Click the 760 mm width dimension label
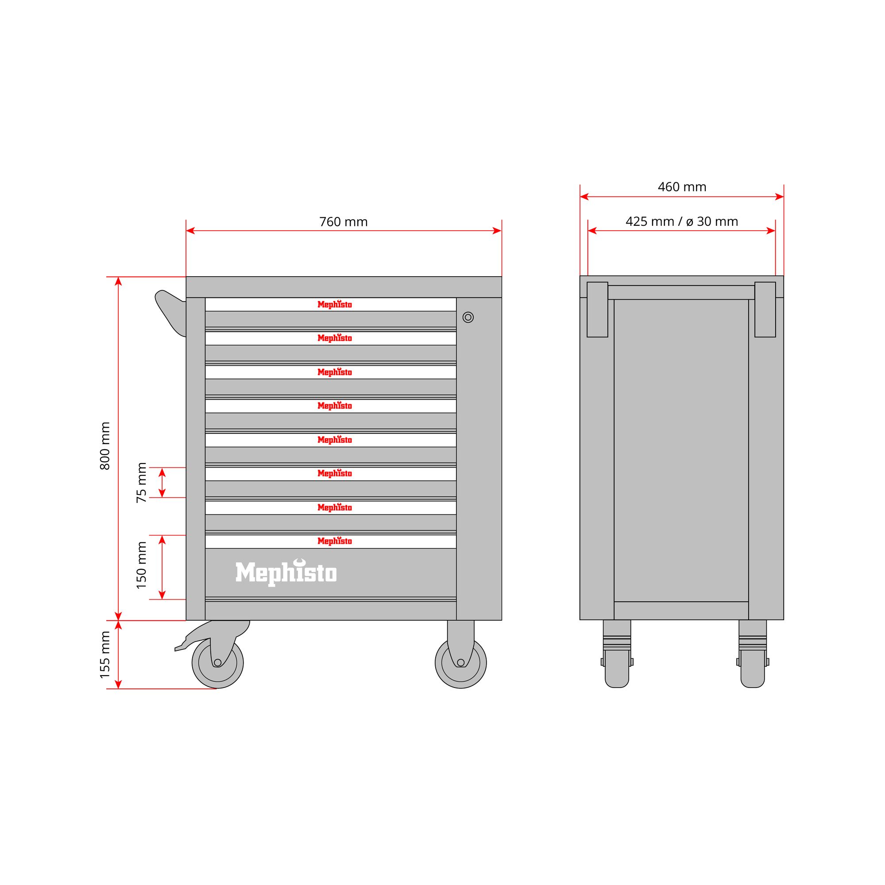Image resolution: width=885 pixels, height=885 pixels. coord(343,222)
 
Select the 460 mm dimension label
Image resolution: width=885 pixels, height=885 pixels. coord(682,187)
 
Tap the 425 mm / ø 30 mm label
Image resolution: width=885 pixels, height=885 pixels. coord(682,222)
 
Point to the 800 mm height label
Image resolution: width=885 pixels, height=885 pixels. coord(105,446)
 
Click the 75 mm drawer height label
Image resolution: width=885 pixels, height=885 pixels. coord(142,483)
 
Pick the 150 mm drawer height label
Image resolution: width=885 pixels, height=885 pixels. coord(142,565)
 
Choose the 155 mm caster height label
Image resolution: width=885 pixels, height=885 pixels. coord(105,655)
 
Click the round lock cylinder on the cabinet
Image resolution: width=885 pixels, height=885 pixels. coord(468,317)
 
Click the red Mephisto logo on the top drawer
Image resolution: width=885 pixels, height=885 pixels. coord(334,304)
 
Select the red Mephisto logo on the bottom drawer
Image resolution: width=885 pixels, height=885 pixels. coord(334,541)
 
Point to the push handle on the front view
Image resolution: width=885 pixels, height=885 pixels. coord(170,313)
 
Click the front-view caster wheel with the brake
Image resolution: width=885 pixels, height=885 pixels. coord(217,662)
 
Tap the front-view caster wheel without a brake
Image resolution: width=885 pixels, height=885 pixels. coord(461,662)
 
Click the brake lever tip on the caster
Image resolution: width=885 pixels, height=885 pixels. coord(176,649)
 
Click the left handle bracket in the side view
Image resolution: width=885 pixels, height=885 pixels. coord(597,309)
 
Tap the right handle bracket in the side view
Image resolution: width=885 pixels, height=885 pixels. coord(765,309)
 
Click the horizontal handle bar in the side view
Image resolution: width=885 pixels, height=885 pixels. coord(681,292)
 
